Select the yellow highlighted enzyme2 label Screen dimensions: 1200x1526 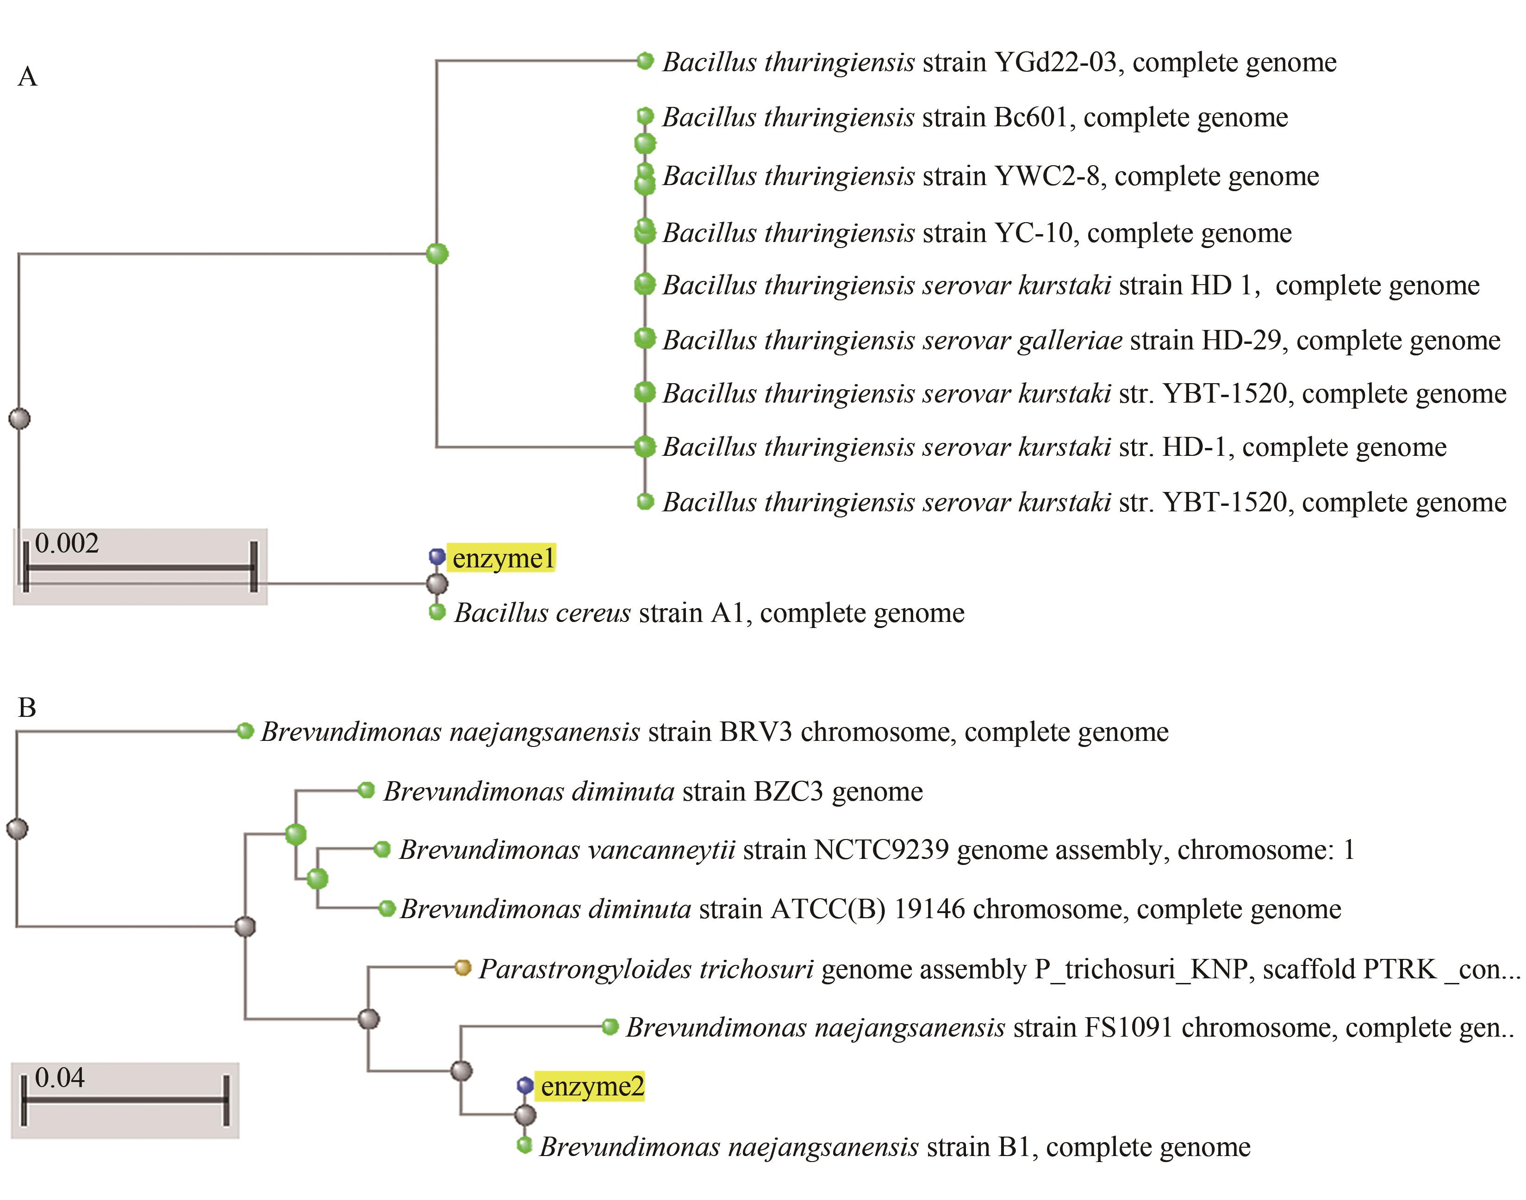592,1086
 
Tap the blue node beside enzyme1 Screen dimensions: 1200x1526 437,556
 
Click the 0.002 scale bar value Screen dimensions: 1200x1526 67,543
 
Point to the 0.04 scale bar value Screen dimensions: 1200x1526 60,1077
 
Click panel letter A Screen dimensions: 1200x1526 27,76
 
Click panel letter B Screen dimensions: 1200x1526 27,708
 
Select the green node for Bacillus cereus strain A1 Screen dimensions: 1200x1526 437,612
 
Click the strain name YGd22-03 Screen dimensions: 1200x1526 1055,62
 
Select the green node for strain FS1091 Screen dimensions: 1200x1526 610,1027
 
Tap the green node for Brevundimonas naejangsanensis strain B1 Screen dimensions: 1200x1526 524,1145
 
